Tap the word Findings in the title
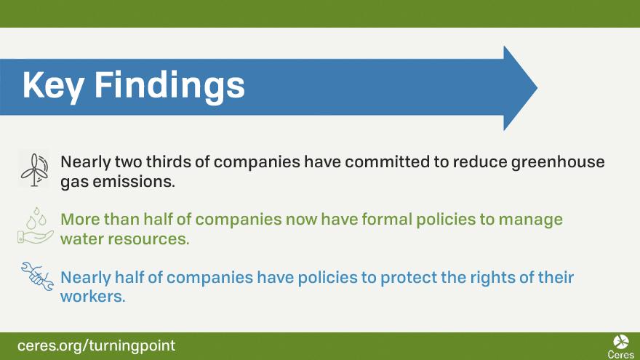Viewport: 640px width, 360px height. pyautogui.click(x=169, y=85)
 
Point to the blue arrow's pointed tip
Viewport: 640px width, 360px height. pyautogui.click(x=537, y=88)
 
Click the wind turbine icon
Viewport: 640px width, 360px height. pyautogui.click(x=35, y=169)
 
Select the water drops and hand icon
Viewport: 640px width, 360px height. pyautogui.click(x=35, y=225)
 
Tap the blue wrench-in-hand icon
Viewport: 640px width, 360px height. pyautogui.click(x=37, y=276)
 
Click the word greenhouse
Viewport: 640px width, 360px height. pyautogui.click(x=558, y=163)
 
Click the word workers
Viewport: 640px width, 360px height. pyautogui.click(x=92, y=297)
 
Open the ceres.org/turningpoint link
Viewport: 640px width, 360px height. pyautogui.click(x=96, y=346)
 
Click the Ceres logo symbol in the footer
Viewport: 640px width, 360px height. pyautogui.click(x=621, y=342)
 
